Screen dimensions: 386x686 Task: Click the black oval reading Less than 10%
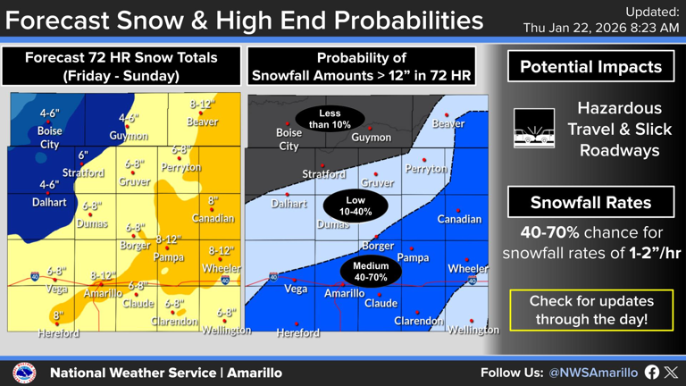(330, 119)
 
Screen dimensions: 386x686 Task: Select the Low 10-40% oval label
(355, 206)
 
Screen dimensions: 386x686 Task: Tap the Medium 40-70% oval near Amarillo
(370, 272)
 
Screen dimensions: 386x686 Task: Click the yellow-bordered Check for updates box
(590, 310)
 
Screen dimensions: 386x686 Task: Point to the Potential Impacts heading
(590, 67)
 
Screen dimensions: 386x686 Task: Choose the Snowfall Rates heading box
(590, 203)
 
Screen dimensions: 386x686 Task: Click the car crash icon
(534, 127)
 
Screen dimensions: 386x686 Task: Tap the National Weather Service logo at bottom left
(24, 373)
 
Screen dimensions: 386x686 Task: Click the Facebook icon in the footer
(651, 373)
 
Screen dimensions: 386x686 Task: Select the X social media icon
(671, 373)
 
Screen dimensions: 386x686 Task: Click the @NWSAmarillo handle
(593, 373)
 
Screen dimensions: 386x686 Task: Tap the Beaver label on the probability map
(448, 123)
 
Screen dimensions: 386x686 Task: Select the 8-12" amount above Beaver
(203, 105)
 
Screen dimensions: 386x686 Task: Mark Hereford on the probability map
(297, 332)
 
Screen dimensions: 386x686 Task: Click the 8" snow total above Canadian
(213, 201)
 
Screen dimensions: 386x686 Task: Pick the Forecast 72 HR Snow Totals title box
(121, 66)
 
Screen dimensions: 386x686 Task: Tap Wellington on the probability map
(473, 330)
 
